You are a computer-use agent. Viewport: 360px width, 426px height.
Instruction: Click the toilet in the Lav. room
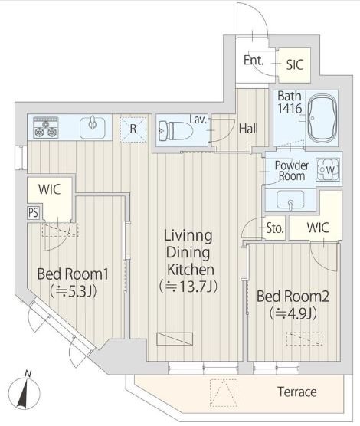(x=175, y=131)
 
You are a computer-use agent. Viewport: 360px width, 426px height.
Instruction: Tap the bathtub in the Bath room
(x=322, y=118)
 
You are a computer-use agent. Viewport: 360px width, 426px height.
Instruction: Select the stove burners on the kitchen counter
(x=46, y=128)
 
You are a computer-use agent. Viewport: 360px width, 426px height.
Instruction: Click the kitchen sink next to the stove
(x=93, y=127)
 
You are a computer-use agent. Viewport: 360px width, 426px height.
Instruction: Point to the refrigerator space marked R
(x=133, y=129)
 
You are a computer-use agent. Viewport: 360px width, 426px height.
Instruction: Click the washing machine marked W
(x=328, y=170)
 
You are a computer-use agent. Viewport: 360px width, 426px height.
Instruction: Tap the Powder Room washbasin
(x=290, y=200)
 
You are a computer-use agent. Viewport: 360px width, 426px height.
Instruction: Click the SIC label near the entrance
(x=295, y=64)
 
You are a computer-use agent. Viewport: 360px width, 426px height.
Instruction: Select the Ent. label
(x=254, y=60)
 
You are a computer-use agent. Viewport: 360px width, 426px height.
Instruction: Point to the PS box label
(x=34, y=212)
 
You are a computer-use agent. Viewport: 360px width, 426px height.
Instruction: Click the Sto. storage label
(x=275, y=228)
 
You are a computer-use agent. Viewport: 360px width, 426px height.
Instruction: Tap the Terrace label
(x=297, y=392)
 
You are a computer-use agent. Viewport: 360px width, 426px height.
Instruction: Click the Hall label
(x=248, y=129)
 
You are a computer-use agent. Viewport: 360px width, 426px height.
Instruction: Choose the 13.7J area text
(x=188, y=287)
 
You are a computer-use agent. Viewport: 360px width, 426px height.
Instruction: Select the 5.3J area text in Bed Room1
(x=73, y=291)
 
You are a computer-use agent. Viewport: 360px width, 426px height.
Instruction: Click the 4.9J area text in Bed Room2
(x=293, y=314)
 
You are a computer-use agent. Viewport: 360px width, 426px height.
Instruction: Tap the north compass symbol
(x=24, y=392)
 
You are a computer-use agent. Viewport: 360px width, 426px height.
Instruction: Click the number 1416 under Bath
(x=290, y=108)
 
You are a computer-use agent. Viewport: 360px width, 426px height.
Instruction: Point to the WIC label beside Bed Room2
(x=318, y=228)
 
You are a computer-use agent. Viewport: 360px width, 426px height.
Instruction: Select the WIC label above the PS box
(x=50, y=189)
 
